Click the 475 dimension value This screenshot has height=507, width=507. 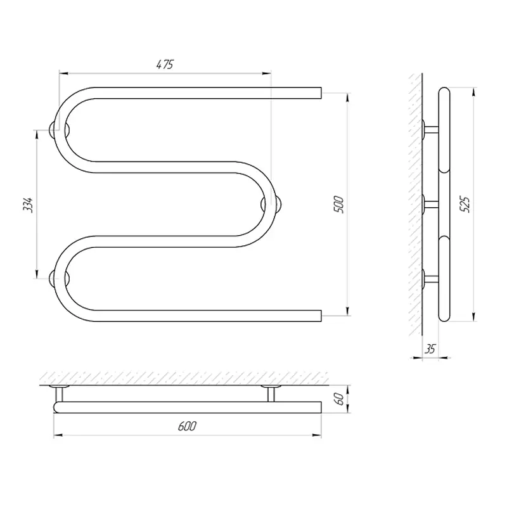click(165, 65)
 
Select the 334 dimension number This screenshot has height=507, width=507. click(28, 205)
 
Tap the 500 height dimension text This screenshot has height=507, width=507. click(338, 204)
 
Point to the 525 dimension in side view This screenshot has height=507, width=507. click(465, 204)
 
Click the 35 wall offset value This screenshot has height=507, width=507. click(430, 349)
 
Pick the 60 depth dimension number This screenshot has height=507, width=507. click(338, 399)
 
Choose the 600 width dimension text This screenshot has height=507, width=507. click(187, 426)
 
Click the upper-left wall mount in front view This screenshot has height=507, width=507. click(59, 130)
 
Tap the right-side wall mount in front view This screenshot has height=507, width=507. click(271, 204)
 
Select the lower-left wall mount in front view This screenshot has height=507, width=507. click(59, 279)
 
